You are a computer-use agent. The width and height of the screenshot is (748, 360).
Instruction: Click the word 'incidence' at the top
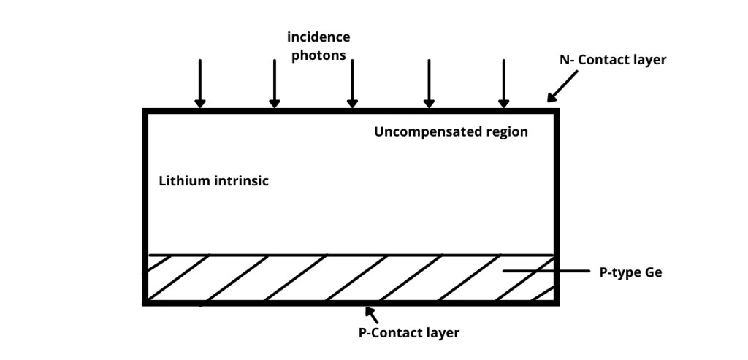(x=318, y=37)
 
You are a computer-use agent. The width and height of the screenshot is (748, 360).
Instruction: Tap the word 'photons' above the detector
(x=318, y=55)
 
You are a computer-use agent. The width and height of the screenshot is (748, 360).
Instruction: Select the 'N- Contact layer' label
(x=613, y=60)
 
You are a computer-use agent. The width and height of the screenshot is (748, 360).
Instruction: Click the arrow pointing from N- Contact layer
(x=562, y=86)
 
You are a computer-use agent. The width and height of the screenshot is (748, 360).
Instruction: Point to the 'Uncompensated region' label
(x=451, y=132)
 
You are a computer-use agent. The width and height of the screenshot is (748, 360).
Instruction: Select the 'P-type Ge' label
(x=630, y=273)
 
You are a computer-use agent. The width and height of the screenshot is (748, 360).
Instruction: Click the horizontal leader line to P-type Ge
(x=546, y=271)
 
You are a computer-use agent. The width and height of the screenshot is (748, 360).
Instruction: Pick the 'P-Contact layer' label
(x=409, y=333)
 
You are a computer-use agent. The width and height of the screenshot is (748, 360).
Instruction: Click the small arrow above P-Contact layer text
(x=372, y=315)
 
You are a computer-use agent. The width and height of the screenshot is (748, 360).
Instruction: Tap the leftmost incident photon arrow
(x=200, y=83)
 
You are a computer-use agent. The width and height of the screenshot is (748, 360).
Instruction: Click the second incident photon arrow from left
(x=275, y=83)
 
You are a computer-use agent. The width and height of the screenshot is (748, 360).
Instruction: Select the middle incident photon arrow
(x=352, y=83)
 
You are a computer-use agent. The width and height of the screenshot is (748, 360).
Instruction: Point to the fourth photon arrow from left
(x=429, y=83)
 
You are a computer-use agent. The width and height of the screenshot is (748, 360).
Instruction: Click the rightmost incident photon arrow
(x=503, y=83)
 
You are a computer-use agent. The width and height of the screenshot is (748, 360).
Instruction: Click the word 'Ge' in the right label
(x=654, y=273)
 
